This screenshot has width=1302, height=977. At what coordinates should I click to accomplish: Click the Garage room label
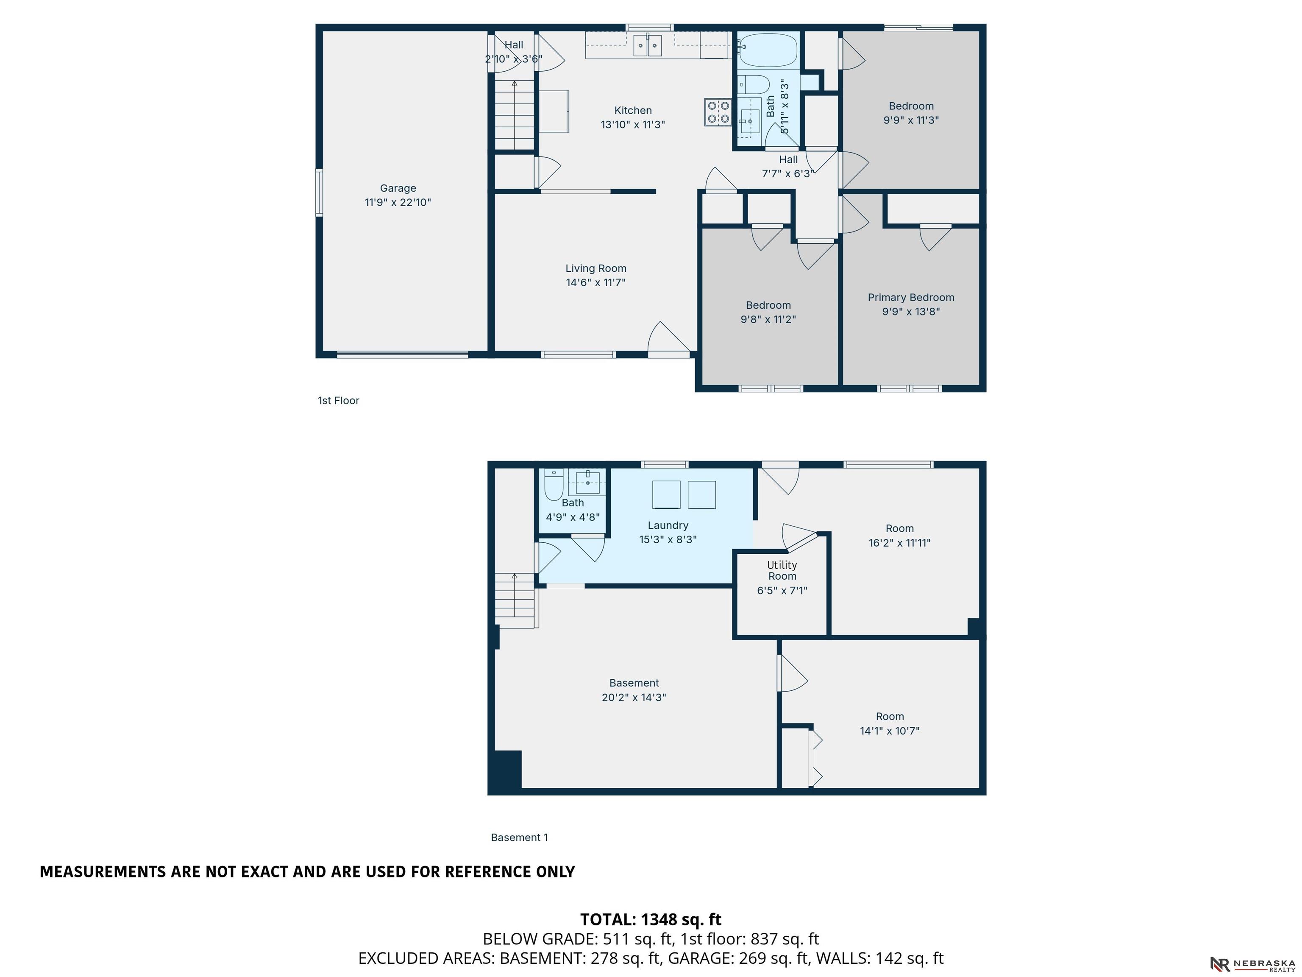pyautogui.click(x=398, y=188)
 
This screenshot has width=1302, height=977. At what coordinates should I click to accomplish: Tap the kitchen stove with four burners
pyautogui.click(x=718, y=112)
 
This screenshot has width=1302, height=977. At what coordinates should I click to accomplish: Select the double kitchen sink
pyautogui.click(x=648, y=45)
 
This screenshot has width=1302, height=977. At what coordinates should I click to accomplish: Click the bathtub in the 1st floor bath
pyautogui.click(x=768, y=50)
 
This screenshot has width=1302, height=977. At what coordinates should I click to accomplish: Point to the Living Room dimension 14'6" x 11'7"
pyautogui.click(x=595, y=283)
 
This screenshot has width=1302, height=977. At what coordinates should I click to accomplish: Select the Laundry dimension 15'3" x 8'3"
pyautogui.click(x=668, y=539)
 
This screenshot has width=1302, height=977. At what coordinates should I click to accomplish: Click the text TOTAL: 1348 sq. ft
pyautogui.click(x=651, y=919)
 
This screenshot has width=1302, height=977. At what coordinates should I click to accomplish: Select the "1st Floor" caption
pyautogui.click(x=339, y=400)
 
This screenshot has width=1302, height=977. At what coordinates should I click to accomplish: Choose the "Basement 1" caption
pyautogui.click(x=519, y=837)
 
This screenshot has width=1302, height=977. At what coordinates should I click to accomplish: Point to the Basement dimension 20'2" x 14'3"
pyautogui.click(x=634, y=697)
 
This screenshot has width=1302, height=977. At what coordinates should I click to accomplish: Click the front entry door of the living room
pyautogui.click(x=669, y=340)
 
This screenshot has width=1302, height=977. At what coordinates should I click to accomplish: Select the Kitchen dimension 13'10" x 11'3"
pyautogui.click(x=633, y=125)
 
